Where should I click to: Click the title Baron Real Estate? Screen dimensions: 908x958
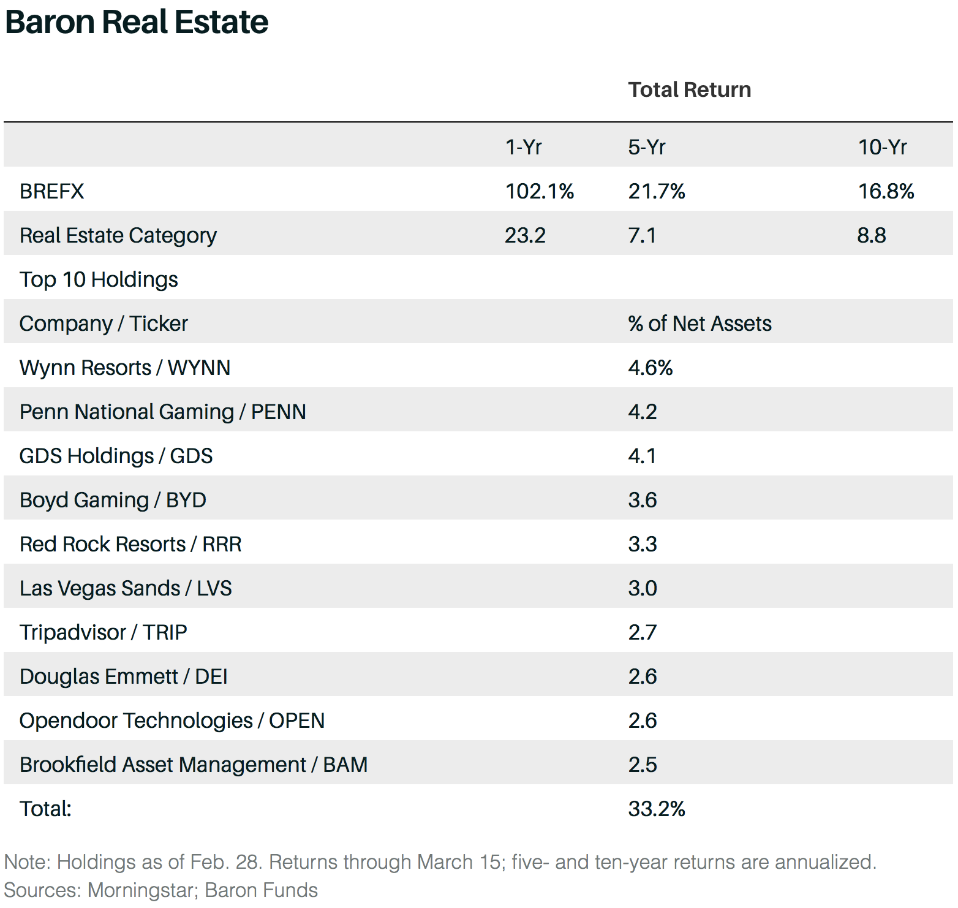point(137,23)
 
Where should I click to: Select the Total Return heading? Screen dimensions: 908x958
point(689,90)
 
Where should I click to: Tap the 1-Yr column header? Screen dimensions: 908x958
point(523,148)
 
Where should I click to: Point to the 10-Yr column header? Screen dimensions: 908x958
point(882,148)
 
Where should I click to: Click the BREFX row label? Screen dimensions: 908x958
point(51,192)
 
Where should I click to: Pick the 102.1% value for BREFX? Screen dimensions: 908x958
point(539,192)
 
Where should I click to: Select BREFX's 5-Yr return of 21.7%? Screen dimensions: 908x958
point(656,192)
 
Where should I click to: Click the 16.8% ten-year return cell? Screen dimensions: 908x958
point(886,192)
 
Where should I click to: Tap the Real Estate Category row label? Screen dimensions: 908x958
point(118,236)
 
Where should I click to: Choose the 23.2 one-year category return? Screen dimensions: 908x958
point(525,236)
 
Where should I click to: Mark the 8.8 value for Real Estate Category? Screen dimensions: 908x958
point(871,236)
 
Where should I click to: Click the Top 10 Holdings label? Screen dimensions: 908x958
point(99,280)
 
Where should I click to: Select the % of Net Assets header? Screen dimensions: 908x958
point(700,324)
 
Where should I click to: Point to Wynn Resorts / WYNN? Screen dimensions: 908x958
point(125,368)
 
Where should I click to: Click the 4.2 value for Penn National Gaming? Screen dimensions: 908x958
point(642,412)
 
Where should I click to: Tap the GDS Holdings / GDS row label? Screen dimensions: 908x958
point(116,456)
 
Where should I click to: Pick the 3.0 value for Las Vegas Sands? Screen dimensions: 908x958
point(642,589)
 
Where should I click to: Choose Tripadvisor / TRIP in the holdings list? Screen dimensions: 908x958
point(103,633)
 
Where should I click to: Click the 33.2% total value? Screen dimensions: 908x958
point(656,809)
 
